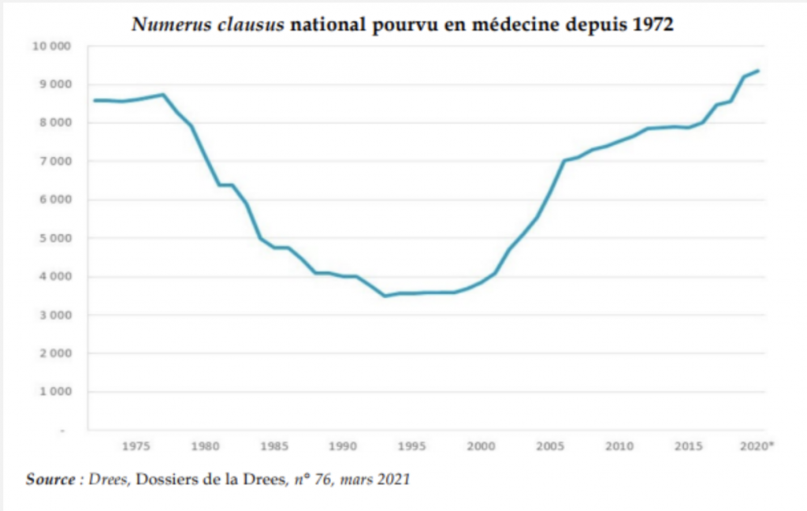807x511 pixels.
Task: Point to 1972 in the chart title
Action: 653,24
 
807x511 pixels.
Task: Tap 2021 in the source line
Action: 394,479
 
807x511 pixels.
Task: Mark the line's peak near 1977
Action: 163,95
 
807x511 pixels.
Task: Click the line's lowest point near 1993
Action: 385,296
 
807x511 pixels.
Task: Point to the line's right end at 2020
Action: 758,70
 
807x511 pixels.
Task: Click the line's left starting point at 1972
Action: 94,100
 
